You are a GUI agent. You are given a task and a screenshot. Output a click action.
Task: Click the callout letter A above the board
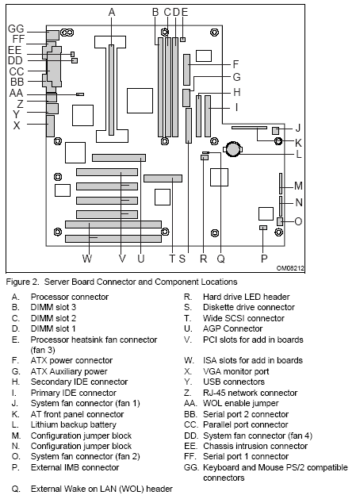112,11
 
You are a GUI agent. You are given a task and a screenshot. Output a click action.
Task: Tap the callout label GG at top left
16,28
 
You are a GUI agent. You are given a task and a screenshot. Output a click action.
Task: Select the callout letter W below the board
87,258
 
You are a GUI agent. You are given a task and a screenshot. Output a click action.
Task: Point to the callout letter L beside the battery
299,154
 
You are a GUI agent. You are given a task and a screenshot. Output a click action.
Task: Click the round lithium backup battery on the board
235,148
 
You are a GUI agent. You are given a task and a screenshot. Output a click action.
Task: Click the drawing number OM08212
289,268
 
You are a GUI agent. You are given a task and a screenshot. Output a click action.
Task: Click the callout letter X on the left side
17,125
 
